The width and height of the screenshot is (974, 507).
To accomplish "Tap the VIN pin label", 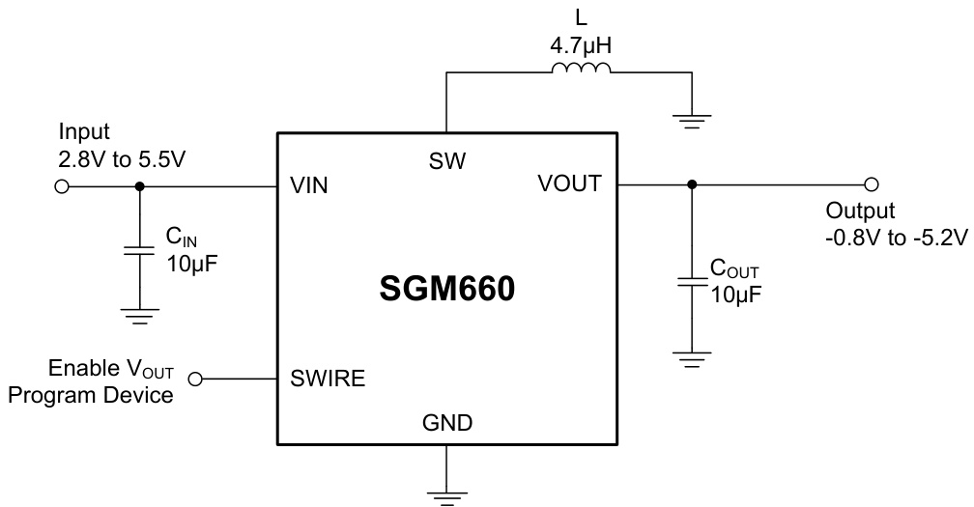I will (308, 187).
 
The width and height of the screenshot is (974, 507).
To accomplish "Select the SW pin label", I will (446, 162).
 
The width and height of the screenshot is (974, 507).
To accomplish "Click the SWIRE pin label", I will (328, 380).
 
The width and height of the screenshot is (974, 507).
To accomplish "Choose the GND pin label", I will (446, 422).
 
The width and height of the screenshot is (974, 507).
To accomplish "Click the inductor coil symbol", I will (581, 69).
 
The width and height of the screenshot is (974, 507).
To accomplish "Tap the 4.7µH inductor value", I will (581, 44).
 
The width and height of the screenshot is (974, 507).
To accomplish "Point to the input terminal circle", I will (62, 187).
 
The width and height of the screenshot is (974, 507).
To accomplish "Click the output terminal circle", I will (871, 183).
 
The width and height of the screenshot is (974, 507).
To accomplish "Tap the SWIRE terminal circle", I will (196, 380).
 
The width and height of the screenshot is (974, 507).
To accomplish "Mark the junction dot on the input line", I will (140, 187).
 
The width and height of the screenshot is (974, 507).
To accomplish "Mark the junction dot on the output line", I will (691, 183).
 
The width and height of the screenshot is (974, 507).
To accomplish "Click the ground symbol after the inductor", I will (692, 119).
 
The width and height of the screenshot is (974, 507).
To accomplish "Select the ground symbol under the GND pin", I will (446, 494).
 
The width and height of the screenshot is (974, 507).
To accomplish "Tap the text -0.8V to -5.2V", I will (896, 235).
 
